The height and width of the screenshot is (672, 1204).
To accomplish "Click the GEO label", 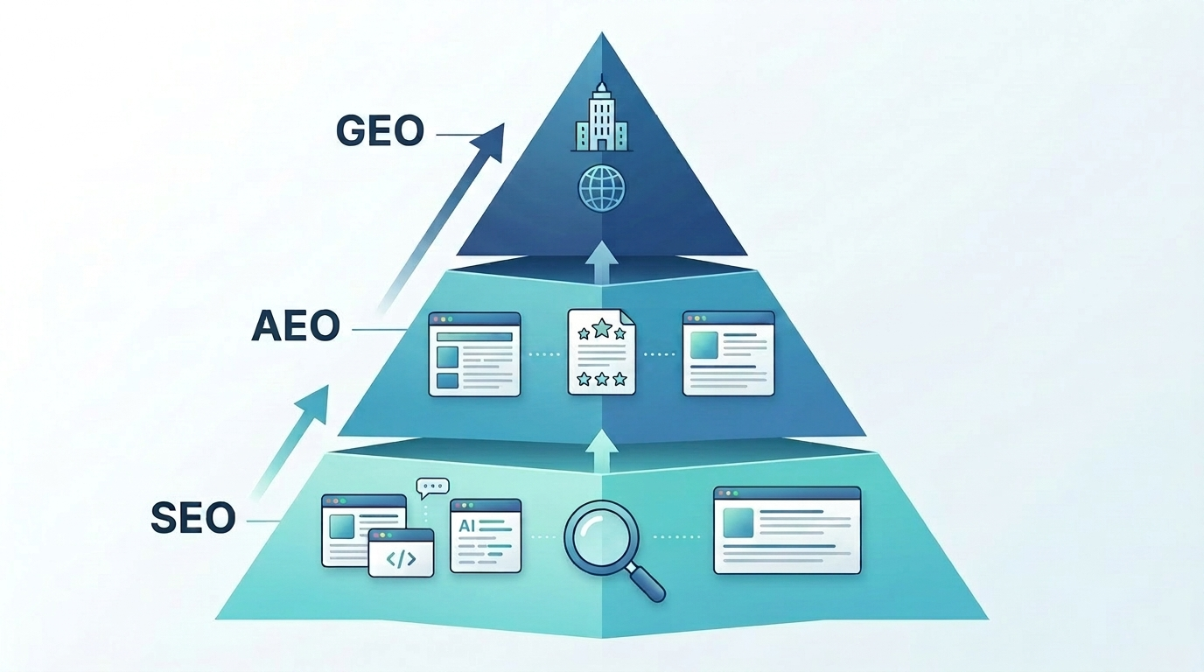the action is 380,130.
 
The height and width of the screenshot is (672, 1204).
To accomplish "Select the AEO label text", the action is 296,325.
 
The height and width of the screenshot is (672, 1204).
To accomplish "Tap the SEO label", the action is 193,517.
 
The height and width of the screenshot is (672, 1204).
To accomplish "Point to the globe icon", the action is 602,188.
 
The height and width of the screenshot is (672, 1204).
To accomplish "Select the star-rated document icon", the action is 601,351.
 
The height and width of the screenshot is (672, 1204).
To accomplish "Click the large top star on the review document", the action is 602,327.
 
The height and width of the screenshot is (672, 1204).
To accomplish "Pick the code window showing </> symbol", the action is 401,553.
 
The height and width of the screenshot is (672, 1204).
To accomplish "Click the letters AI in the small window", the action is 466,525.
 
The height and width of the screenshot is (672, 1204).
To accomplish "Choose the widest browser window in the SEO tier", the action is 787,530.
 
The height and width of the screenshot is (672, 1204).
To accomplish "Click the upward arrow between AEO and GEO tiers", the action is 601,262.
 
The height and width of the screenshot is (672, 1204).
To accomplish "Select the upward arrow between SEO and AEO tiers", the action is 601,451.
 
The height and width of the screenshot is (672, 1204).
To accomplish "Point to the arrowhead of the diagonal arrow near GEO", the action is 490,141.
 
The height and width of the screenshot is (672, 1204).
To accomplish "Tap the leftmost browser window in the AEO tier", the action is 474,354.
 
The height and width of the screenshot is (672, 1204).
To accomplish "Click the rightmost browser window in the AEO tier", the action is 728,353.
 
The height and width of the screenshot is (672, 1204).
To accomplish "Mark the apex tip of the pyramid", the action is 602,32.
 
